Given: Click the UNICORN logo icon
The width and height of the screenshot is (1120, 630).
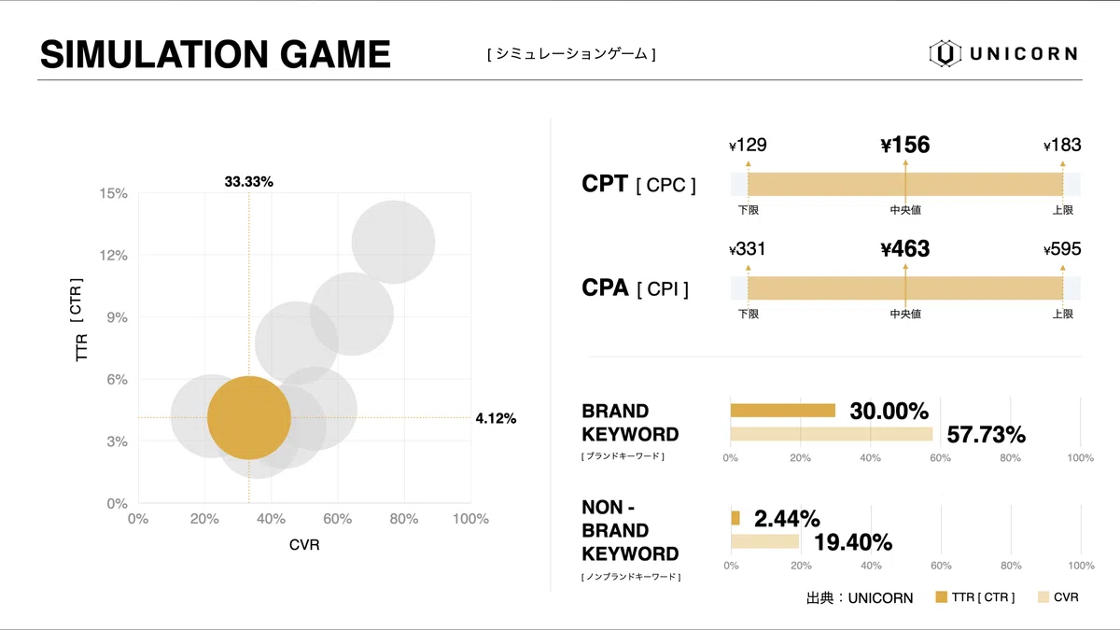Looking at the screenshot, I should [x=945, y=54].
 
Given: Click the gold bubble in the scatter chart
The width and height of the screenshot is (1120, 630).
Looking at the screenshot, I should [x=249, y=418].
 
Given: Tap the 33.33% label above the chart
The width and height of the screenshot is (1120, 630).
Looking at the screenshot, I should [x=249, y=182].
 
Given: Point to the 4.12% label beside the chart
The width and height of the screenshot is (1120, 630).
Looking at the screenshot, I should [x=496, y=418].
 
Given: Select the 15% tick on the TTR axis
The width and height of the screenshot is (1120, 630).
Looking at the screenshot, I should [x=114, y=193].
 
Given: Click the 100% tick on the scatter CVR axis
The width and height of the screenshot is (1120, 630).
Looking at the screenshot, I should [x=469, y=519].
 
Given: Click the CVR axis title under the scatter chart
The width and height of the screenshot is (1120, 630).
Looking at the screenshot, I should [x=304, y=545].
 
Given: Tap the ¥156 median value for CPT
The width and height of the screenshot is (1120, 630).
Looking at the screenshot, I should [x=904, y=145].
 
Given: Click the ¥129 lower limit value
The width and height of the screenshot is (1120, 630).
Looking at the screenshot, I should [x=748, y=145].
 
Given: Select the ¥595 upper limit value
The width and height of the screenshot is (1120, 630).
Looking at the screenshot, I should [x=1062, y=249].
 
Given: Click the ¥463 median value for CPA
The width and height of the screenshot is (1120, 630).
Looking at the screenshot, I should [x=904, y=249].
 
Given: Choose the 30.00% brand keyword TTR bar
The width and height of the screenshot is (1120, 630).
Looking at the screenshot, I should [x=782, y=411].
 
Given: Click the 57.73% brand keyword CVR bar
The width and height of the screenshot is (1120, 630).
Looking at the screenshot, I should [x=831, y=434].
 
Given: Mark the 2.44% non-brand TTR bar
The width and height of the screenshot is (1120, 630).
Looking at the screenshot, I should [x=735, y=518].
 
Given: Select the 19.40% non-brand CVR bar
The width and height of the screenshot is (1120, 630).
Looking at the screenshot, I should [x=764, y=541].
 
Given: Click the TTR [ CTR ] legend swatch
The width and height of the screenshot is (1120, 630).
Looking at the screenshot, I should [x=941, y=597].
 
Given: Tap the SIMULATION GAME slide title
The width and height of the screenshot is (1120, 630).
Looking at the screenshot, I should [x=216, y=54].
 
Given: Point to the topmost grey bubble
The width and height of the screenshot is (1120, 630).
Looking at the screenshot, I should [x=393, y=242].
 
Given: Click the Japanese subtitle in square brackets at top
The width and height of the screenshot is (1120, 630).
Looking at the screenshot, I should [x=571, y=54].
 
